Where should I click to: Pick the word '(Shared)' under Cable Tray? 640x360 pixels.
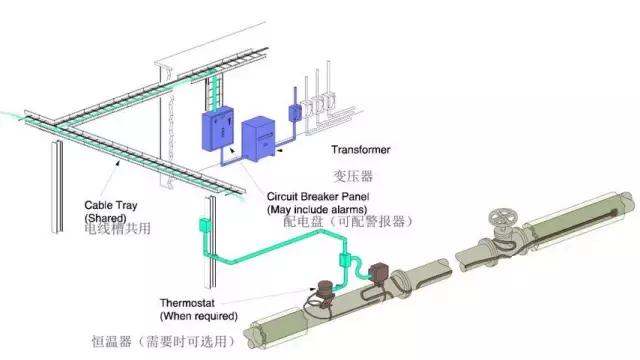click(105, 212)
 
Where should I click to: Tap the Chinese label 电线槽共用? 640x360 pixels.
click(118, 228)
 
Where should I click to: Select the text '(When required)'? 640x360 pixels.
click(199, 315)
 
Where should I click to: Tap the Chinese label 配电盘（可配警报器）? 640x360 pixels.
click(348, 222)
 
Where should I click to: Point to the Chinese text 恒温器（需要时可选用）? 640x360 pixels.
click(163, 340)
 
